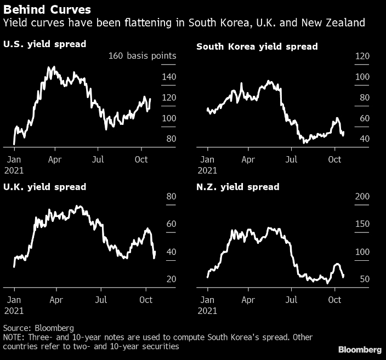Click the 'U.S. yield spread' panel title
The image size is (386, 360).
(44, 44)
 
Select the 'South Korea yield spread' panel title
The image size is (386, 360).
(257, 47)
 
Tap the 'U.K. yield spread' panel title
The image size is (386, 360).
(44, 187)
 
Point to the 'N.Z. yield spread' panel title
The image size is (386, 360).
(237, 187)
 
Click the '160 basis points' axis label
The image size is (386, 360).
(142, 56)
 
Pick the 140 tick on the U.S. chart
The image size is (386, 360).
(169, 77)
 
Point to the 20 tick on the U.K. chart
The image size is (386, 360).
(171, 279)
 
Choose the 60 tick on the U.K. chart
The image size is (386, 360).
(171, 224)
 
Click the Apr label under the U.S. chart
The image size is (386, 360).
(55, 159)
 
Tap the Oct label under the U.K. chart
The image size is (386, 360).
(146, 300)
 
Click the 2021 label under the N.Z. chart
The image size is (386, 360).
(207, 311)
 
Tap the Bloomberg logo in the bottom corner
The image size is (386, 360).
(360, 350)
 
